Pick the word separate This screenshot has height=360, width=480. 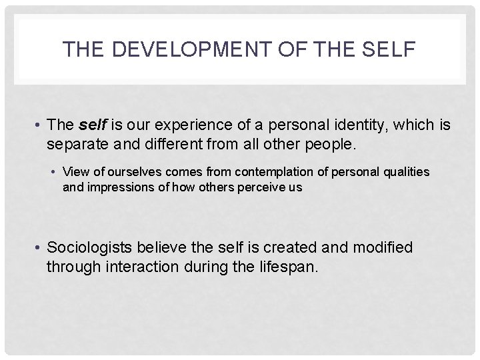75,143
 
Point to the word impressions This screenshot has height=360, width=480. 117,187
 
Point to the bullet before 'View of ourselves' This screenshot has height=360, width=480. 54,173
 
